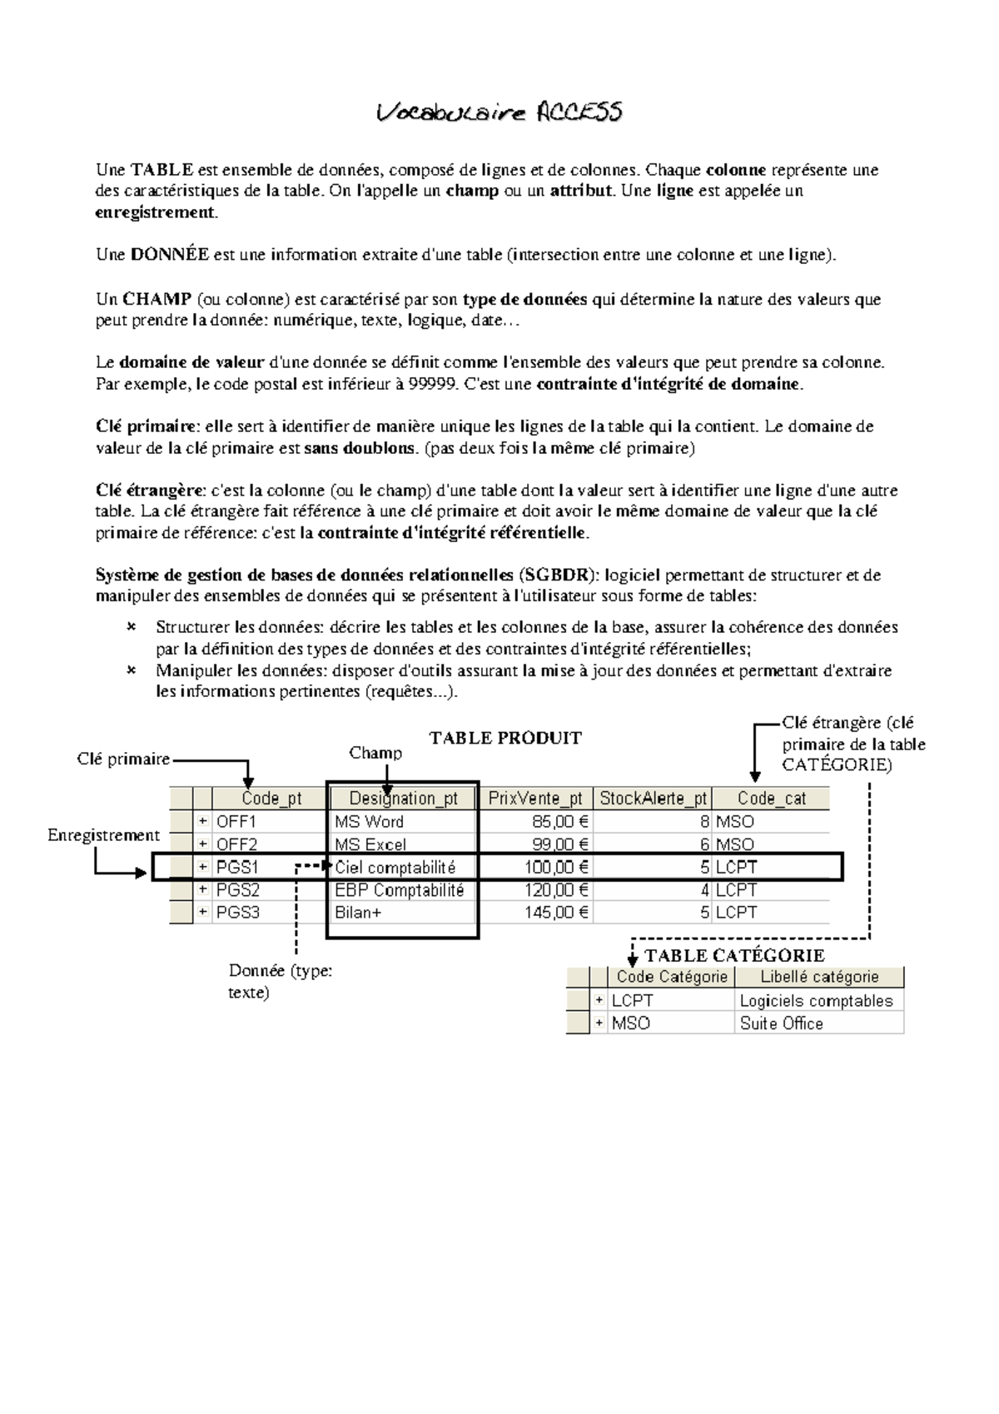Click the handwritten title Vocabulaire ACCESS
click(499, 112)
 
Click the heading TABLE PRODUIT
click(505, 738)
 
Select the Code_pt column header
click(271, 799)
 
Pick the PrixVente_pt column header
click(535, 799)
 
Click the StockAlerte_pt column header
click(654, 799)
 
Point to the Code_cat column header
click(772, 799)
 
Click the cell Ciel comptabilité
click(395, 868)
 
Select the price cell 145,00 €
click(556, 913)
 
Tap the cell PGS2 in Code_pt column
click(238, 890)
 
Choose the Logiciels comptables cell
click(816, 1001)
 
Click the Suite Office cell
click(781, 1023)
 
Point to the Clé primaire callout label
click(123, 759)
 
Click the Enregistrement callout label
click(103, 835)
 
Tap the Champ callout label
click(375, 753)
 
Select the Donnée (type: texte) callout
click(280, 981)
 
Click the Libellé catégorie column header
click(819, 977)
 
